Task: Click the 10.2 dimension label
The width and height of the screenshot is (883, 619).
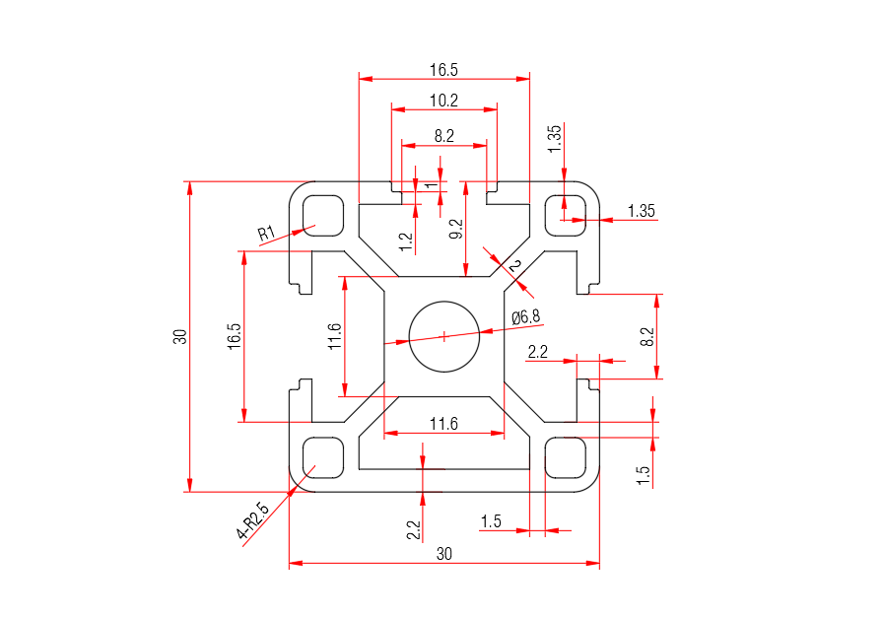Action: click(443, 100)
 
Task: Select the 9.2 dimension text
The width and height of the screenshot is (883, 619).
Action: click(455, 231)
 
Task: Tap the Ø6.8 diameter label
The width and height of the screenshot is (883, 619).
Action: click(526, 316)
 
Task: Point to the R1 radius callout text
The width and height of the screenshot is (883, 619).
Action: click(266, 234)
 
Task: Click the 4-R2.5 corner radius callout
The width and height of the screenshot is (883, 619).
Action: click(253, 522)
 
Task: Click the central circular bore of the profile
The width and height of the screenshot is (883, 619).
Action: click(443, 336)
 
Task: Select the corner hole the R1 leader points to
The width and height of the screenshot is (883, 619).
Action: click(322, 214)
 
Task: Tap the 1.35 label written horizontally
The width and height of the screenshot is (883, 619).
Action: click(641, 211)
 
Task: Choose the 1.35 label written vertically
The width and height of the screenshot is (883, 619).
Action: click(554, 137)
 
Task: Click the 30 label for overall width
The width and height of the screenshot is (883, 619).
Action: click(443, 554)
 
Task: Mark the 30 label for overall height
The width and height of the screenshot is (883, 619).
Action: click(179, 336)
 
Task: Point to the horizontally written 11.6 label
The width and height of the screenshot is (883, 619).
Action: click(443, 424)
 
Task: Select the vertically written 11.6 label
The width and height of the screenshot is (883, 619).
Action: click(335, 336)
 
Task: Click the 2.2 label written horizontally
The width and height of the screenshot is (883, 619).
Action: click(538, 352)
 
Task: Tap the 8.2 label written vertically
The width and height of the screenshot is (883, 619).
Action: click(646, 336)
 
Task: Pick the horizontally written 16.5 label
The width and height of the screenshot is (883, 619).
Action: click(443, 70)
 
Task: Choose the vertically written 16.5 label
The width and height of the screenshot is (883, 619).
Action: click(234, 336)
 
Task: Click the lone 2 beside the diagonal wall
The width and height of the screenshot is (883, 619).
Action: click(513, 267)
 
